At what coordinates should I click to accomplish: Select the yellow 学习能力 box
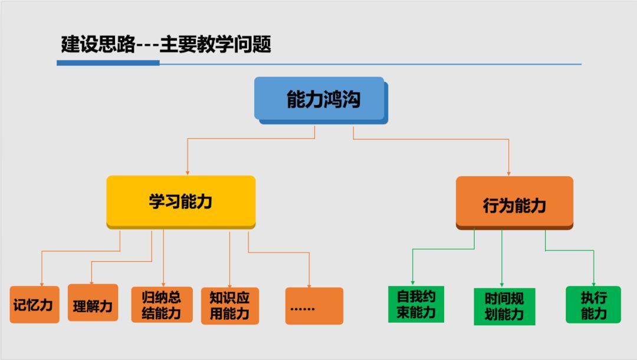pyautogui.click(x=180, y=201)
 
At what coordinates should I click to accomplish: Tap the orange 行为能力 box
pyautogui.click(x=514, y=204)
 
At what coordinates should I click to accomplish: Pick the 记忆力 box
pyautogui.click(x=34, y=305)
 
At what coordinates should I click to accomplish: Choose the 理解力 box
pyautogui.click(x=93, y=303)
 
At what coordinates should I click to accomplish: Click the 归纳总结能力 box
pyautogui.click(x=162, y=305)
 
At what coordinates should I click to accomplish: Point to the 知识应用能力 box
pyautogui.click(x=229, y=306)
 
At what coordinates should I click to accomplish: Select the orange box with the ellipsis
pyautogui.click(x=314, y=306)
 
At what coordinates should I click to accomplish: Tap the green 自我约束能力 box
pyautogui.click(x=416, y=305)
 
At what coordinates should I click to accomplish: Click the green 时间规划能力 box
pyautogui.click(x=504, y=306)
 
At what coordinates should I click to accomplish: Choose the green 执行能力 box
pyautogui.click(x=593, y=305)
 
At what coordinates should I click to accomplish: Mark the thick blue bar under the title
pyautogui.click(x=108, y=63)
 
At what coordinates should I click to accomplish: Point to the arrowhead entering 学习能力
pyautogui.click(x=188, y=172)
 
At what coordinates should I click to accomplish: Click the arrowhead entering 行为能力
pyautogui.click(x=508, y=172)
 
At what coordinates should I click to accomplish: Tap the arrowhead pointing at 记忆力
pyautogui.click(x=42, y=283)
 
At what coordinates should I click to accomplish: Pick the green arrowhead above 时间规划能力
pyautogui.click(x=502, y=284)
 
